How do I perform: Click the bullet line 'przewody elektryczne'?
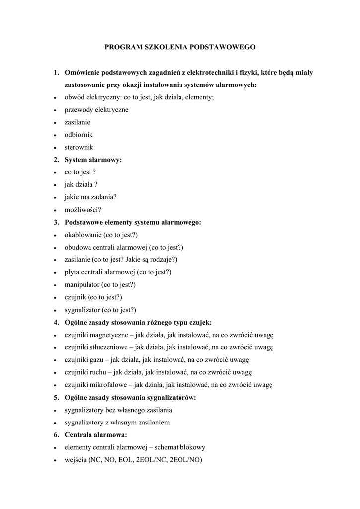point(96,110)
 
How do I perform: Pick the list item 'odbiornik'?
point(79,135)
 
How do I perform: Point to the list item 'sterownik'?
point(79,147)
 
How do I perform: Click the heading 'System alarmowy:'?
point(93,160)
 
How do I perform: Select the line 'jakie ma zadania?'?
point(90,197)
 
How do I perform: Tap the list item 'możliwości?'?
point(83,210)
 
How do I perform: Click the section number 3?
point(56,222)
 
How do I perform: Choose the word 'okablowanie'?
point(83,235)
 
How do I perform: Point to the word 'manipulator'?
point(82,285)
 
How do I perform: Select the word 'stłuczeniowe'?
point(110,347)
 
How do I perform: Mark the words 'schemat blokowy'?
point(180,447)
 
